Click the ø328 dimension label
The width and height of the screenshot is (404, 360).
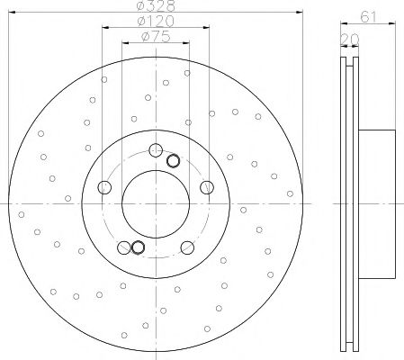click(x=156, y=5)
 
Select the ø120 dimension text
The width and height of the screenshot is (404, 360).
click(x=156, y=21)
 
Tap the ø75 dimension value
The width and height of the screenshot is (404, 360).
click(x=156, y=37)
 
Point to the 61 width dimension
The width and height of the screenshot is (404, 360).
click(x=368, y=17)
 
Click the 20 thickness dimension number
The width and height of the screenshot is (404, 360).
click(x=350, y=39)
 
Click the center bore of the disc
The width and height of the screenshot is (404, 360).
click(x=156, y=204)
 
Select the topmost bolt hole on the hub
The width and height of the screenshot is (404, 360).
click(x=156, y=150)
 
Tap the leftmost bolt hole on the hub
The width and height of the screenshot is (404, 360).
click(x=104, y=187)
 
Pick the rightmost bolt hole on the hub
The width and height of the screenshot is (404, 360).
click(x=207, y=187)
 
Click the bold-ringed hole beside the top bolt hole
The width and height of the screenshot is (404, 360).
click(x=173, y=161)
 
